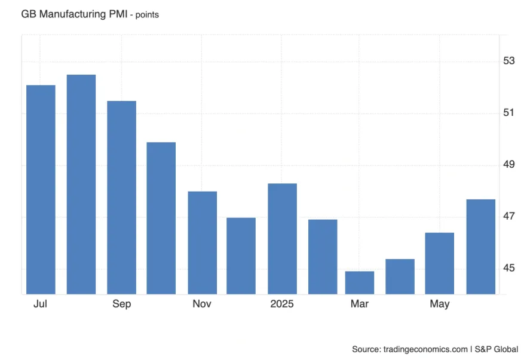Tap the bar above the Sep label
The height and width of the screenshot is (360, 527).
[x=121, y=197]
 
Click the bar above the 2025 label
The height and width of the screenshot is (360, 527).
[x=282, y=238]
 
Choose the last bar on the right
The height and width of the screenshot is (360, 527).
[x=480, y=246]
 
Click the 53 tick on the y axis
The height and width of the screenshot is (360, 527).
[x=509, y=61]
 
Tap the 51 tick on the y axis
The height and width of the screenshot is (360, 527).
[x=509, y=113]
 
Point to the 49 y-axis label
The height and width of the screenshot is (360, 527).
[x=509, y=164]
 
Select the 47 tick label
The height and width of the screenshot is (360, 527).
[x=509, y=216]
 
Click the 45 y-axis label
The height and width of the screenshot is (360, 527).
[x=509, y=268]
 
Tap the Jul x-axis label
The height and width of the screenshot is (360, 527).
[x=40, y=304]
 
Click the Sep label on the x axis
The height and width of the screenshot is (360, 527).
[x=121, y=304]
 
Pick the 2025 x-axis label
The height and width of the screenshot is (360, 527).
[x=282, y=304]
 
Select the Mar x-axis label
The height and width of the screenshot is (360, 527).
[x=360, y=304]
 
